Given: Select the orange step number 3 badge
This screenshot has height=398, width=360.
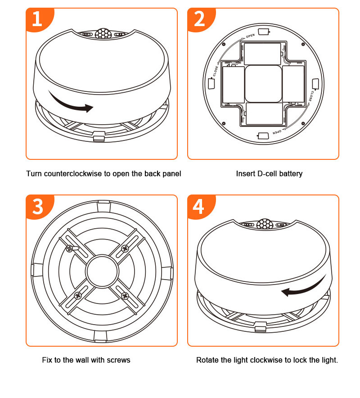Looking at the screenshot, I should point(37,207).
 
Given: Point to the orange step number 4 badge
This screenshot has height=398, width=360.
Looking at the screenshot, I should point(198,207).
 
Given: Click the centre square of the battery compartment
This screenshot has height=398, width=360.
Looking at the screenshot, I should point(263,83).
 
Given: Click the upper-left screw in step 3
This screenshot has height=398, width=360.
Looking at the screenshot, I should point(70,248).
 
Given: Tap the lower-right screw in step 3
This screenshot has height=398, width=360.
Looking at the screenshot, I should point(125,296).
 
